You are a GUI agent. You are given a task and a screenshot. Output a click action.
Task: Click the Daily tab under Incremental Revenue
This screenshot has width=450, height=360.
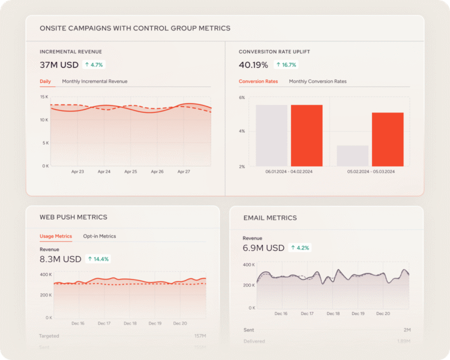[x=46, y=82]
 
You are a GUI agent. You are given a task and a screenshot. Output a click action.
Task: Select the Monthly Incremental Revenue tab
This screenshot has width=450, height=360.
[x=95, y=82]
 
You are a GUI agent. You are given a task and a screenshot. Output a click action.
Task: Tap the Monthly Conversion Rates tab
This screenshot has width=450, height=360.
[x=317, y=82]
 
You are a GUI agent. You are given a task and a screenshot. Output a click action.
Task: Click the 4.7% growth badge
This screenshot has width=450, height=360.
[x=94, y=65]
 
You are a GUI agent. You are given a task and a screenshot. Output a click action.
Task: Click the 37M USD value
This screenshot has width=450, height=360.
[x=58, y=65]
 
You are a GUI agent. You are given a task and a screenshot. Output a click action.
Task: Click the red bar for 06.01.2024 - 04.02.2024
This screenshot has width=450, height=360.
[x=307, y=136]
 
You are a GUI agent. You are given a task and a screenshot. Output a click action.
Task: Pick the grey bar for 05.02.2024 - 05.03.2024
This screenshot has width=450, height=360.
[x=352, y=156]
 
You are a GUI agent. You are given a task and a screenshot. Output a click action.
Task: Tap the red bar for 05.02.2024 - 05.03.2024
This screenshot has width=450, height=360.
[x=388, y=139]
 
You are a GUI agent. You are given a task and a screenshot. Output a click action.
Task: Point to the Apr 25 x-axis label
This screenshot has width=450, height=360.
[x=130, y=172]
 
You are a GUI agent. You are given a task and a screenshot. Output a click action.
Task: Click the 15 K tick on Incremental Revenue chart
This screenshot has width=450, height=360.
[x=44, y=97]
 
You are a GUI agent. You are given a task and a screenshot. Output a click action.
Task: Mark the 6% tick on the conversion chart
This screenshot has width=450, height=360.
[x=242, y=97]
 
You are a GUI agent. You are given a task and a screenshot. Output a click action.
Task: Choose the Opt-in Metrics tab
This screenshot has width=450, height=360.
[x=100, y=236]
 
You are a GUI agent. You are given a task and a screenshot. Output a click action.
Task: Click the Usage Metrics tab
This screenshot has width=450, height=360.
[x=56, y=236]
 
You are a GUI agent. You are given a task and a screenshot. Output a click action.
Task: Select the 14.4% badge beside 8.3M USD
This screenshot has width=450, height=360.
[x=98, y=259]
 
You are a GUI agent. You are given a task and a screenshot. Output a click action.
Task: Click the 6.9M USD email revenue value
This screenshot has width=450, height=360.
[x=263, y=248]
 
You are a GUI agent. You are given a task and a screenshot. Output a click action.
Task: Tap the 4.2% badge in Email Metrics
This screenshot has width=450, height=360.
[x=300, y=248]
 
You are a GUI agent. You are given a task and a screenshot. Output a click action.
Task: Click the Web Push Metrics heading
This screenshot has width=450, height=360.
[x=73, y=217]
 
